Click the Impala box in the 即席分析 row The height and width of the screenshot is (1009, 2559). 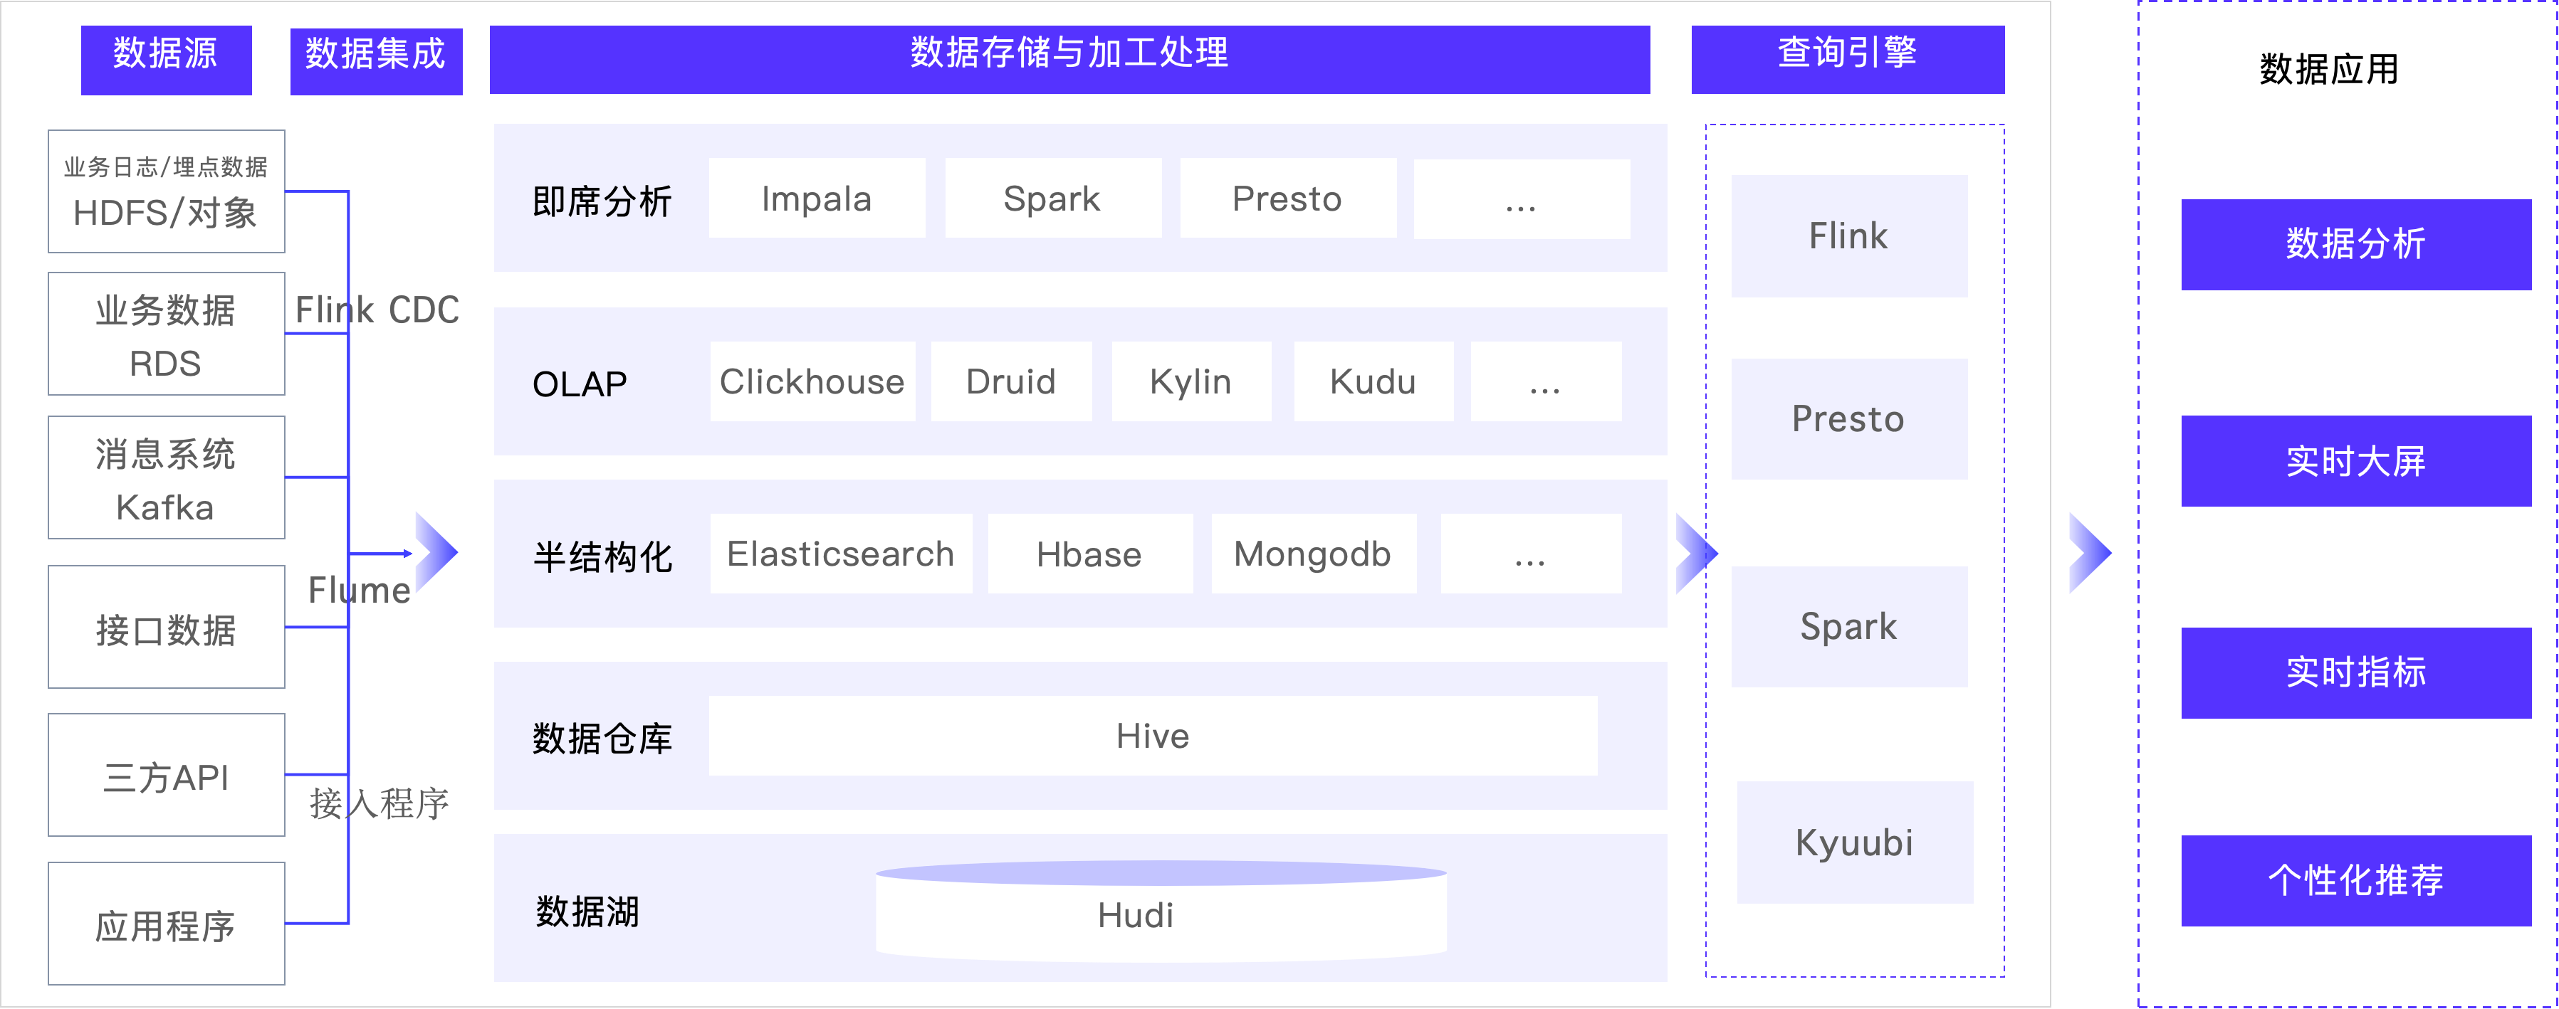pos(817,199)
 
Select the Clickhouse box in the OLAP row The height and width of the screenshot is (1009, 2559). pos(812,381)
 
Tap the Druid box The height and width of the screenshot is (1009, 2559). pos(1011,381)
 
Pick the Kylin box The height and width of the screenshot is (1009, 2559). pos(1191,381)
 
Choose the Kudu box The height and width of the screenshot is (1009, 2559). pos(1373,381)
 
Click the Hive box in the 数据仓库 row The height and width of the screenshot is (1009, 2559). pos(1152,736)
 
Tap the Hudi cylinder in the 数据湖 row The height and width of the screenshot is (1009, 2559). pos(1161,912)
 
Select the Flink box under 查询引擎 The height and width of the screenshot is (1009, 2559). pos(1848,236)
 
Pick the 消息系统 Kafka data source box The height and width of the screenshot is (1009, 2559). pos(167,477)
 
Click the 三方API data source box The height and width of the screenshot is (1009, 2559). pos(167,775)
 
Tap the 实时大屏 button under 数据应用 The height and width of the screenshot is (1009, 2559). pos(2355,461)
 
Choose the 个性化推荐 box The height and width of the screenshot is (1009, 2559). pos(2355,881)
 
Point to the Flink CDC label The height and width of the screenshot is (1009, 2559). pos(377,310)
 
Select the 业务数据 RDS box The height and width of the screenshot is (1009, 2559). pos(167,334)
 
